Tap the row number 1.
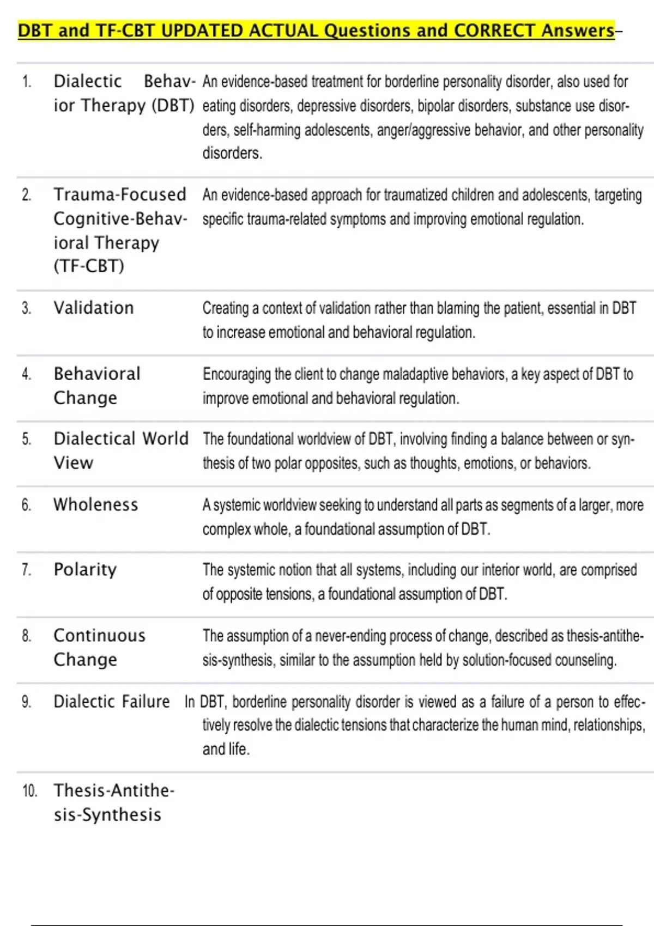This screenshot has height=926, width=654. point(26,82)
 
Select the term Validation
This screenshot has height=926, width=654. point(94,308)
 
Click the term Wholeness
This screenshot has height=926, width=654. point(96,504)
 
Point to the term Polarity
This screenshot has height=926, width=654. point(86,570)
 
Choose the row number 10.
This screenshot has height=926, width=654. point(29,791)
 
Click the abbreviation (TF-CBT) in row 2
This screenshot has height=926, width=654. point(89,266)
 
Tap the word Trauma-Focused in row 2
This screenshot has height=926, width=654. point(120,194)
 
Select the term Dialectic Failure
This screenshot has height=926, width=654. point(112,701)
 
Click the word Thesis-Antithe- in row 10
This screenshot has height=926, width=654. point(114,790)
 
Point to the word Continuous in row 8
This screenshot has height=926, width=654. point(100,635)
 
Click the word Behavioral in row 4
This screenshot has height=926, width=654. point(97,374)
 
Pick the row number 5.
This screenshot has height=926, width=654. point(26,439)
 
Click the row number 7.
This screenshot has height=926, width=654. point(26,570)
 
